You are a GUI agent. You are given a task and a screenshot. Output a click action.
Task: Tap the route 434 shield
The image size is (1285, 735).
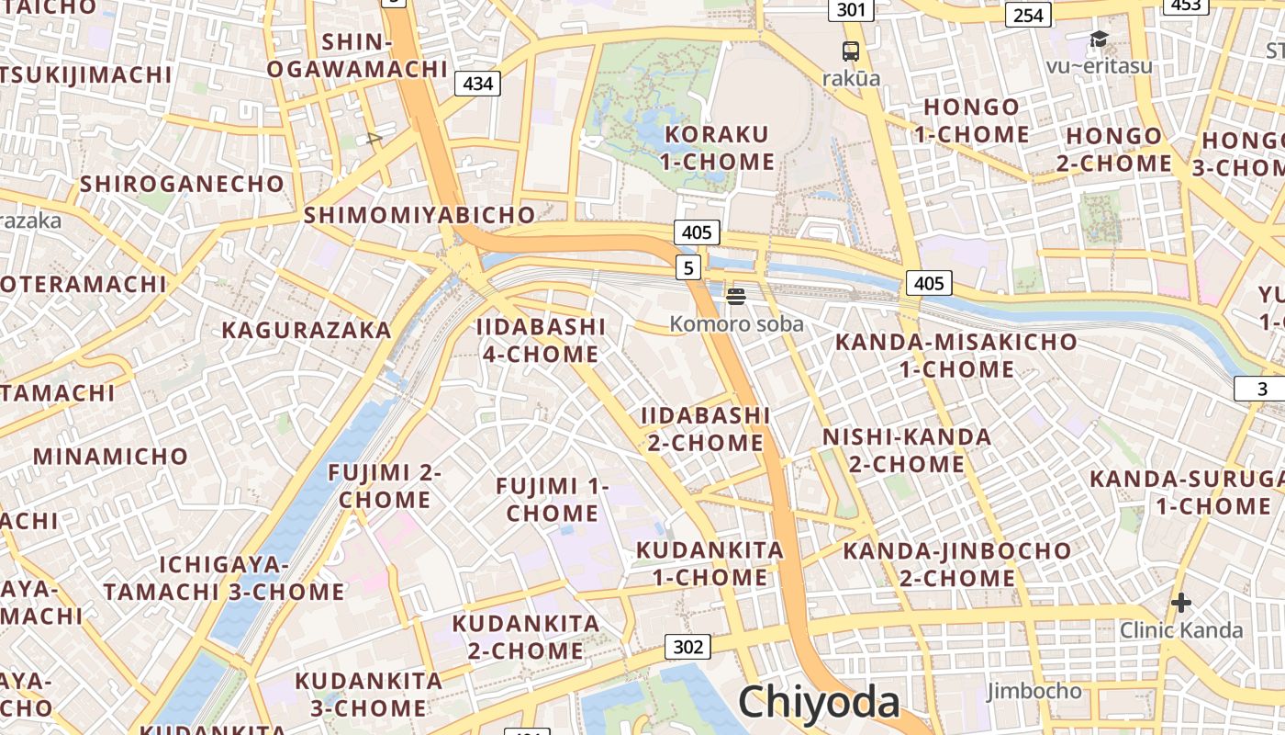478,84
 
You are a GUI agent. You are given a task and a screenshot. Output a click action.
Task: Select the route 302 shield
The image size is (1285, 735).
688,647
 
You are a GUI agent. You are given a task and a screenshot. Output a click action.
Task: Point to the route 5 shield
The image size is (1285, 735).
689,267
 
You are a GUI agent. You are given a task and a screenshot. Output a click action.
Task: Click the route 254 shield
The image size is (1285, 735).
1028,15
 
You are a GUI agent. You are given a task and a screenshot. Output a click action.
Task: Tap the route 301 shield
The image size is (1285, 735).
851,9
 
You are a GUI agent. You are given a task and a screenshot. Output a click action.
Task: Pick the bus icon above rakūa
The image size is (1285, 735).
851,51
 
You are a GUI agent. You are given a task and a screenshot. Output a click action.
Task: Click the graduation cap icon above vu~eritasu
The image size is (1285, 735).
1099,39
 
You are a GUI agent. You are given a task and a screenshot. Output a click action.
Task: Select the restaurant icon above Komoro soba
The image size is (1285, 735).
736,296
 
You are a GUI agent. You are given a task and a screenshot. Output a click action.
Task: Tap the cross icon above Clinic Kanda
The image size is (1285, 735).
1181,603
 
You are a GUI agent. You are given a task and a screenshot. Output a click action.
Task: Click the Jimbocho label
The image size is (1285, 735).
1034,690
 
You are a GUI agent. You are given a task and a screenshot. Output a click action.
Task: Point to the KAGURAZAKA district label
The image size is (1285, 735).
307,330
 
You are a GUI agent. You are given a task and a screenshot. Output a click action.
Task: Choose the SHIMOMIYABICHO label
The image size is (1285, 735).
419,215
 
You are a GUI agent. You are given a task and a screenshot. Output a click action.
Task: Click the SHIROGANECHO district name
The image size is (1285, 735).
182,183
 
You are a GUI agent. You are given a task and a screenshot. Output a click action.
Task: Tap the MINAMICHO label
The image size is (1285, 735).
110,456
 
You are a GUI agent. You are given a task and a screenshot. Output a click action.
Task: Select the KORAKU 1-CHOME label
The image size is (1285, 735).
718,148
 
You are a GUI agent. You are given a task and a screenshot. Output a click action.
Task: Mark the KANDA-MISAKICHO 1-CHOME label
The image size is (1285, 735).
956,356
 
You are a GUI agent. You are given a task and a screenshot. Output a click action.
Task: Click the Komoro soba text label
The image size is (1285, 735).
736,323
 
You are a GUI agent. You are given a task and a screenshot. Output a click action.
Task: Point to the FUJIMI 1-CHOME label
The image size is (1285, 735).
553,499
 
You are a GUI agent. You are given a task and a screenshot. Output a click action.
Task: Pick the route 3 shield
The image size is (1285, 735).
1262,389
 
